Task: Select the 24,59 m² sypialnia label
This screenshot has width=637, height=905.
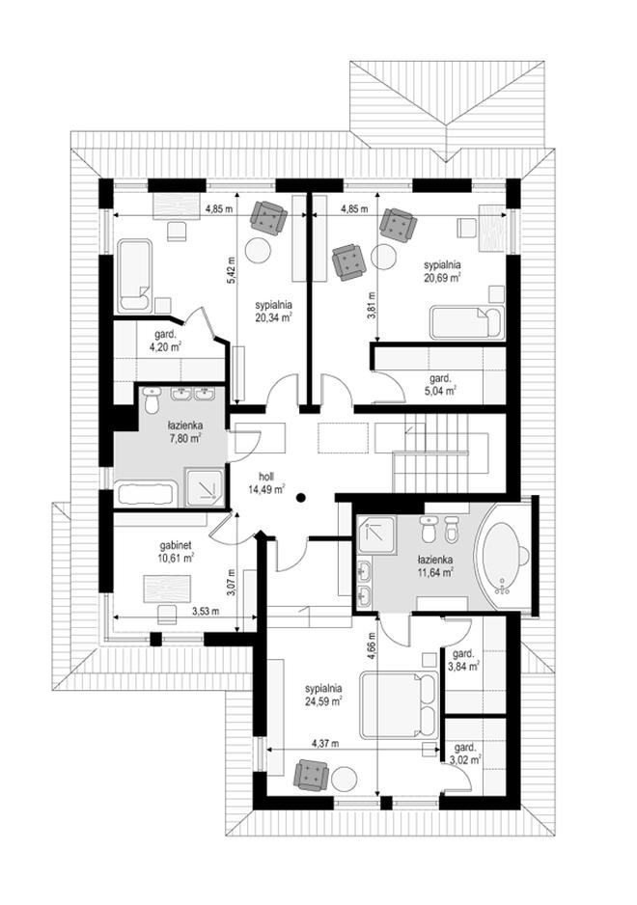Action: pos(323,695)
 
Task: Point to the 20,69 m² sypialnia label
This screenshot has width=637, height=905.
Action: pos(442,271)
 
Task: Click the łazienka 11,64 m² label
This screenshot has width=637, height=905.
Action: pos(434,565)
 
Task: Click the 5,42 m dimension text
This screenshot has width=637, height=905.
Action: pos(231,269)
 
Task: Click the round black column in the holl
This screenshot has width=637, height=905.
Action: pos(301,498)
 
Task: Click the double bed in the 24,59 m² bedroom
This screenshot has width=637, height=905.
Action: pos(399,704)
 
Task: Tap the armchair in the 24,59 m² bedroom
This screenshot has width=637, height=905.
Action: pos(312,774)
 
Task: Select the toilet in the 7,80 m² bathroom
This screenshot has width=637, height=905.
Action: pos(152,400)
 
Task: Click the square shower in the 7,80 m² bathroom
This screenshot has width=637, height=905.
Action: pos(204,488)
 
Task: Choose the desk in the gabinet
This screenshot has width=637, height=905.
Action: pos(168,589)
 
